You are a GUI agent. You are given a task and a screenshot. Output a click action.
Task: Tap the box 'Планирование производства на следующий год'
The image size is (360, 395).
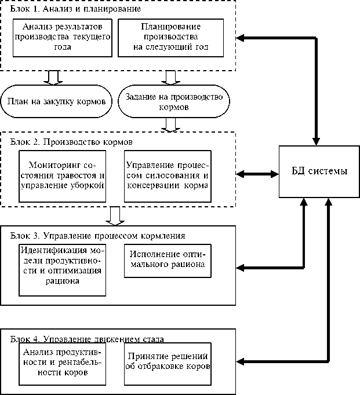point(170,37)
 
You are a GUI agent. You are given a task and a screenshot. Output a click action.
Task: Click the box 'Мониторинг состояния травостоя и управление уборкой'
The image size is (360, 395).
point(63,173)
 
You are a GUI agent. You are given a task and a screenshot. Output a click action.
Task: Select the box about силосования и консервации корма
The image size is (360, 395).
point(166,173)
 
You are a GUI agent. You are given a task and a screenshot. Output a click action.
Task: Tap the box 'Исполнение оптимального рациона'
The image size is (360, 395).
point(166,262)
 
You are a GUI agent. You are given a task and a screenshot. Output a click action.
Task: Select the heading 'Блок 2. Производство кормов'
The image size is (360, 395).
point(72,142)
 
